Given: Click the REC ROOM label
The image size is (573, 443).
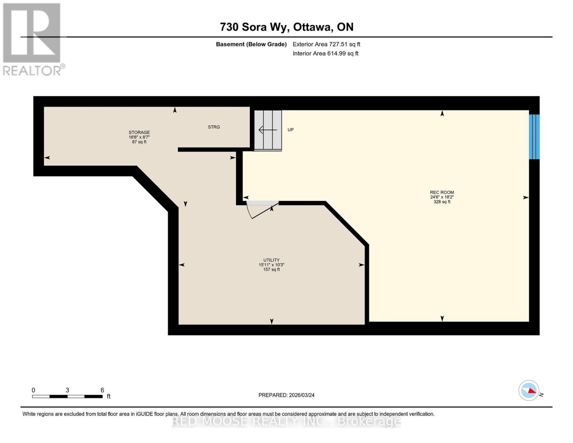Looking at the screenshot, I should click(x=442, y=192).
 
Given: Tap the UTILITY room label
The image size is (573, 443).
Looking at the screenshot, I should click(x=271, y=260).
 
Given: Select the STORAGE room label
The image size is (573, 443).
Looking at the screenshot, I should click(x=139, y=132).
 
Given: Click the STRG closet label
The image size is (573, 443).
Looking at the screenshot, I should click(x=214, y=127).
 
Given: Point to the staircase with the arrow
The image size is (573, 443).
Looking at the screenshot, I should click(x=268, y=130).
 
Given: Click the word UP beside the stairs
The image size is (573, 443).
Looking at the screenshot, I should click(x=290, y=130).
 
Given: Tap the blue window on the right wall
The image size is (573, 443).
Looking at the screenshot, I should click(x=534, y=137).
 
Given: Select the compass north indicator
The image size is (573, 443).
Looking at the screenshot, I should click(x=529, y=390).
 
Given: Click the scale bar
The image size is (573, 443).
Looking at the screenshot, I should click(x=67, y=396).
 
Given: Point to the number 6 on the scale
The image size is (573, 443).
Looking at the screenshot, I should click(x=102, y=390).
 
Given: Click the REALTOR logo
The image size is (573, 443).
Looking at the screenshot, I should click(x=32, y=39).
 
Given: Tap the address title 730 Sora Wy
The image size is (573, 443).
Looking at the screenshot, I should click(x=286, y=27).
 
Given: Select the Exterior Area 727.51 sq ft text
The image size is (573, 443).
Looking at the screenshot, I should click(x=326, y=44).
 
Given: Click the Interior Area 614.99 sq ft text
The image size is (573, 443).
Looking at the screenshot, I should click(x=325, y=54).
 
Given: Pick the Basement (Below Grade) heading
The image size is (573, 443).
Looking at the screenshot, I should click(x=251, y=44).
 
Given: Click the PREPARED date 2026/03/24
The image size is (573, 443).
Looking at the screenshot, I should click(x=286, y=395).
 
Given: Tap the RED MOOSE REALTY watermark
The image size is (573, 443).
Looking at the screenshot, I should click(x=286, y=421).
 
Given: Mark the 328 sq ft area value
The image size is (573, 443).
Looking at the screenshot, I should click(x=442, y=202).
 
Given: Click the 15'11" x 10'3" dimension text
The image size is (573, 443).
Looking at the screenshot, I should click(x=271, y=265).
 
